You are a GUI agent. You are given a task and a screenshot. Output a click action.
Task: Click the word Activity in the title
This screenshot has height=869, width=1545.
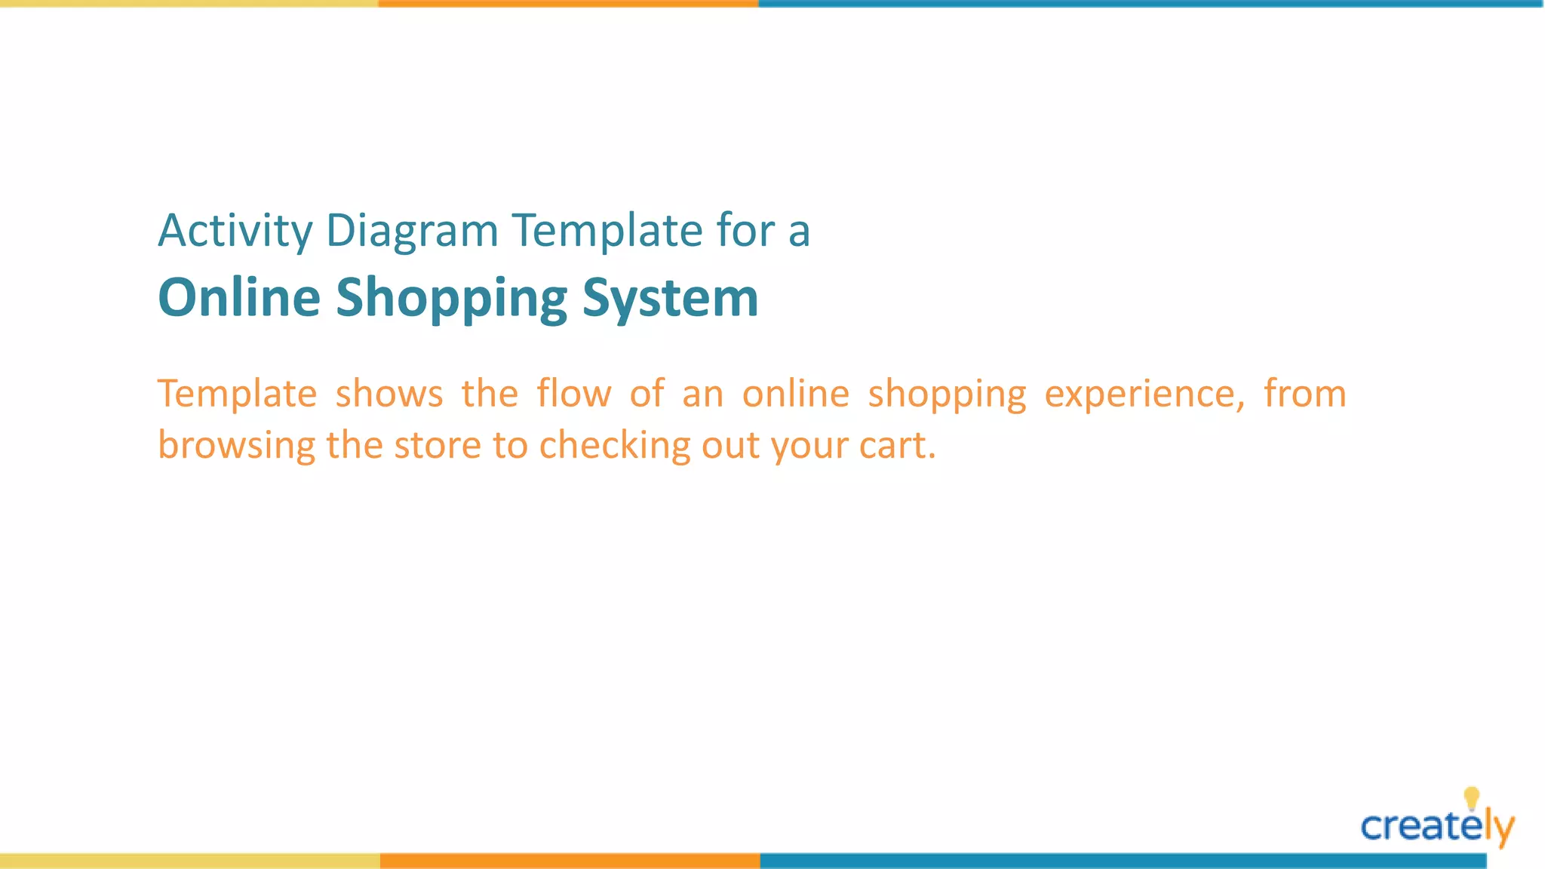(235, 231)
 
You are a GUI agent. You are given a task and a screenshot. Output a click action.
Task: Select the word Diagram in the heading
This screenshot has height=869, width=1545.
(411, 231)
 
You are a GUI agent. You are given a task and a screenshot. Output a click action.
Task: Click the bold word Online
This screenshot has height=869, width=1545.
(239, 297)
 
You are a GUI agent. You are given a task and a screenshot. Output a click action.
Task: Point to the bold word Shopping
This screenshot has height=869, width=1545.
(450, 299)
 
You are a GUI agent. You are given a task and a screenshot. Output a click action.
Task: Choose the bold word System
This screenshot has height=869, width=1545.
(670, 299)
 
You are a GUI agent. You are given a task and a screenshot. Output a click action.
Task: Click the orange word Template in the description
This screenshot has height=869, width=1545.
(237, 394)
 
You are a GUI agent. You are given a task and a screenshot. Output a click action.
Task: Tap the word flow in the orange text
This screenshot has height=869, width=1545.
(573, 394)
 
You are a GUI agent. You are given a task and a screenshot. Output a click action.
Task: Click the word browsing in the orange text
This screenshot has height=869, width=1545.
(236, 446)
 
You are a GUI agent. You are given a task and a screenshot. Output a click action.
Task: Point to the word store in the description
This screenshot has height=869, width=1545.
(437, 445)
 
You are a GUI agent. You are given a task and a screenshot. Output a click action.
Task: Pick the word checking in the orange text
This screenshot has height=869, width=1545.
(614, 446)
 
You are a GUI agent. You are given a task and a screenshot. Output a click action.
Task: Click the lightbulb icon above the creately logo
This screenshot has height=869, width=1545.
(1471, 797)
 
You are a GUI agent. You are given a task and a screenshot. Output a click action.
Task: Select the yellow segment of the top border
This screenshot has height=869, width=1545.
(189, 4)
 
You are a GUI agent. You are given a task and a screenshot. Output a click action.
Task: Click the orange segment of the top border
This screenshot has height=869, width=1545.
(568, 4)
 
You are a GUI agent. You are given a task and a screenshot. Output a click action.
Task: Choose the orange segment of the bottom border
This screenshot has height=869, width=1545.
(570, 861)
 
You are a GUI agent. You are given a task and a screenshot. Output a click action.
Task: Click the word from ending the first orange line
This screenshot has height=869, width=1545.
(1304, 394)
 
